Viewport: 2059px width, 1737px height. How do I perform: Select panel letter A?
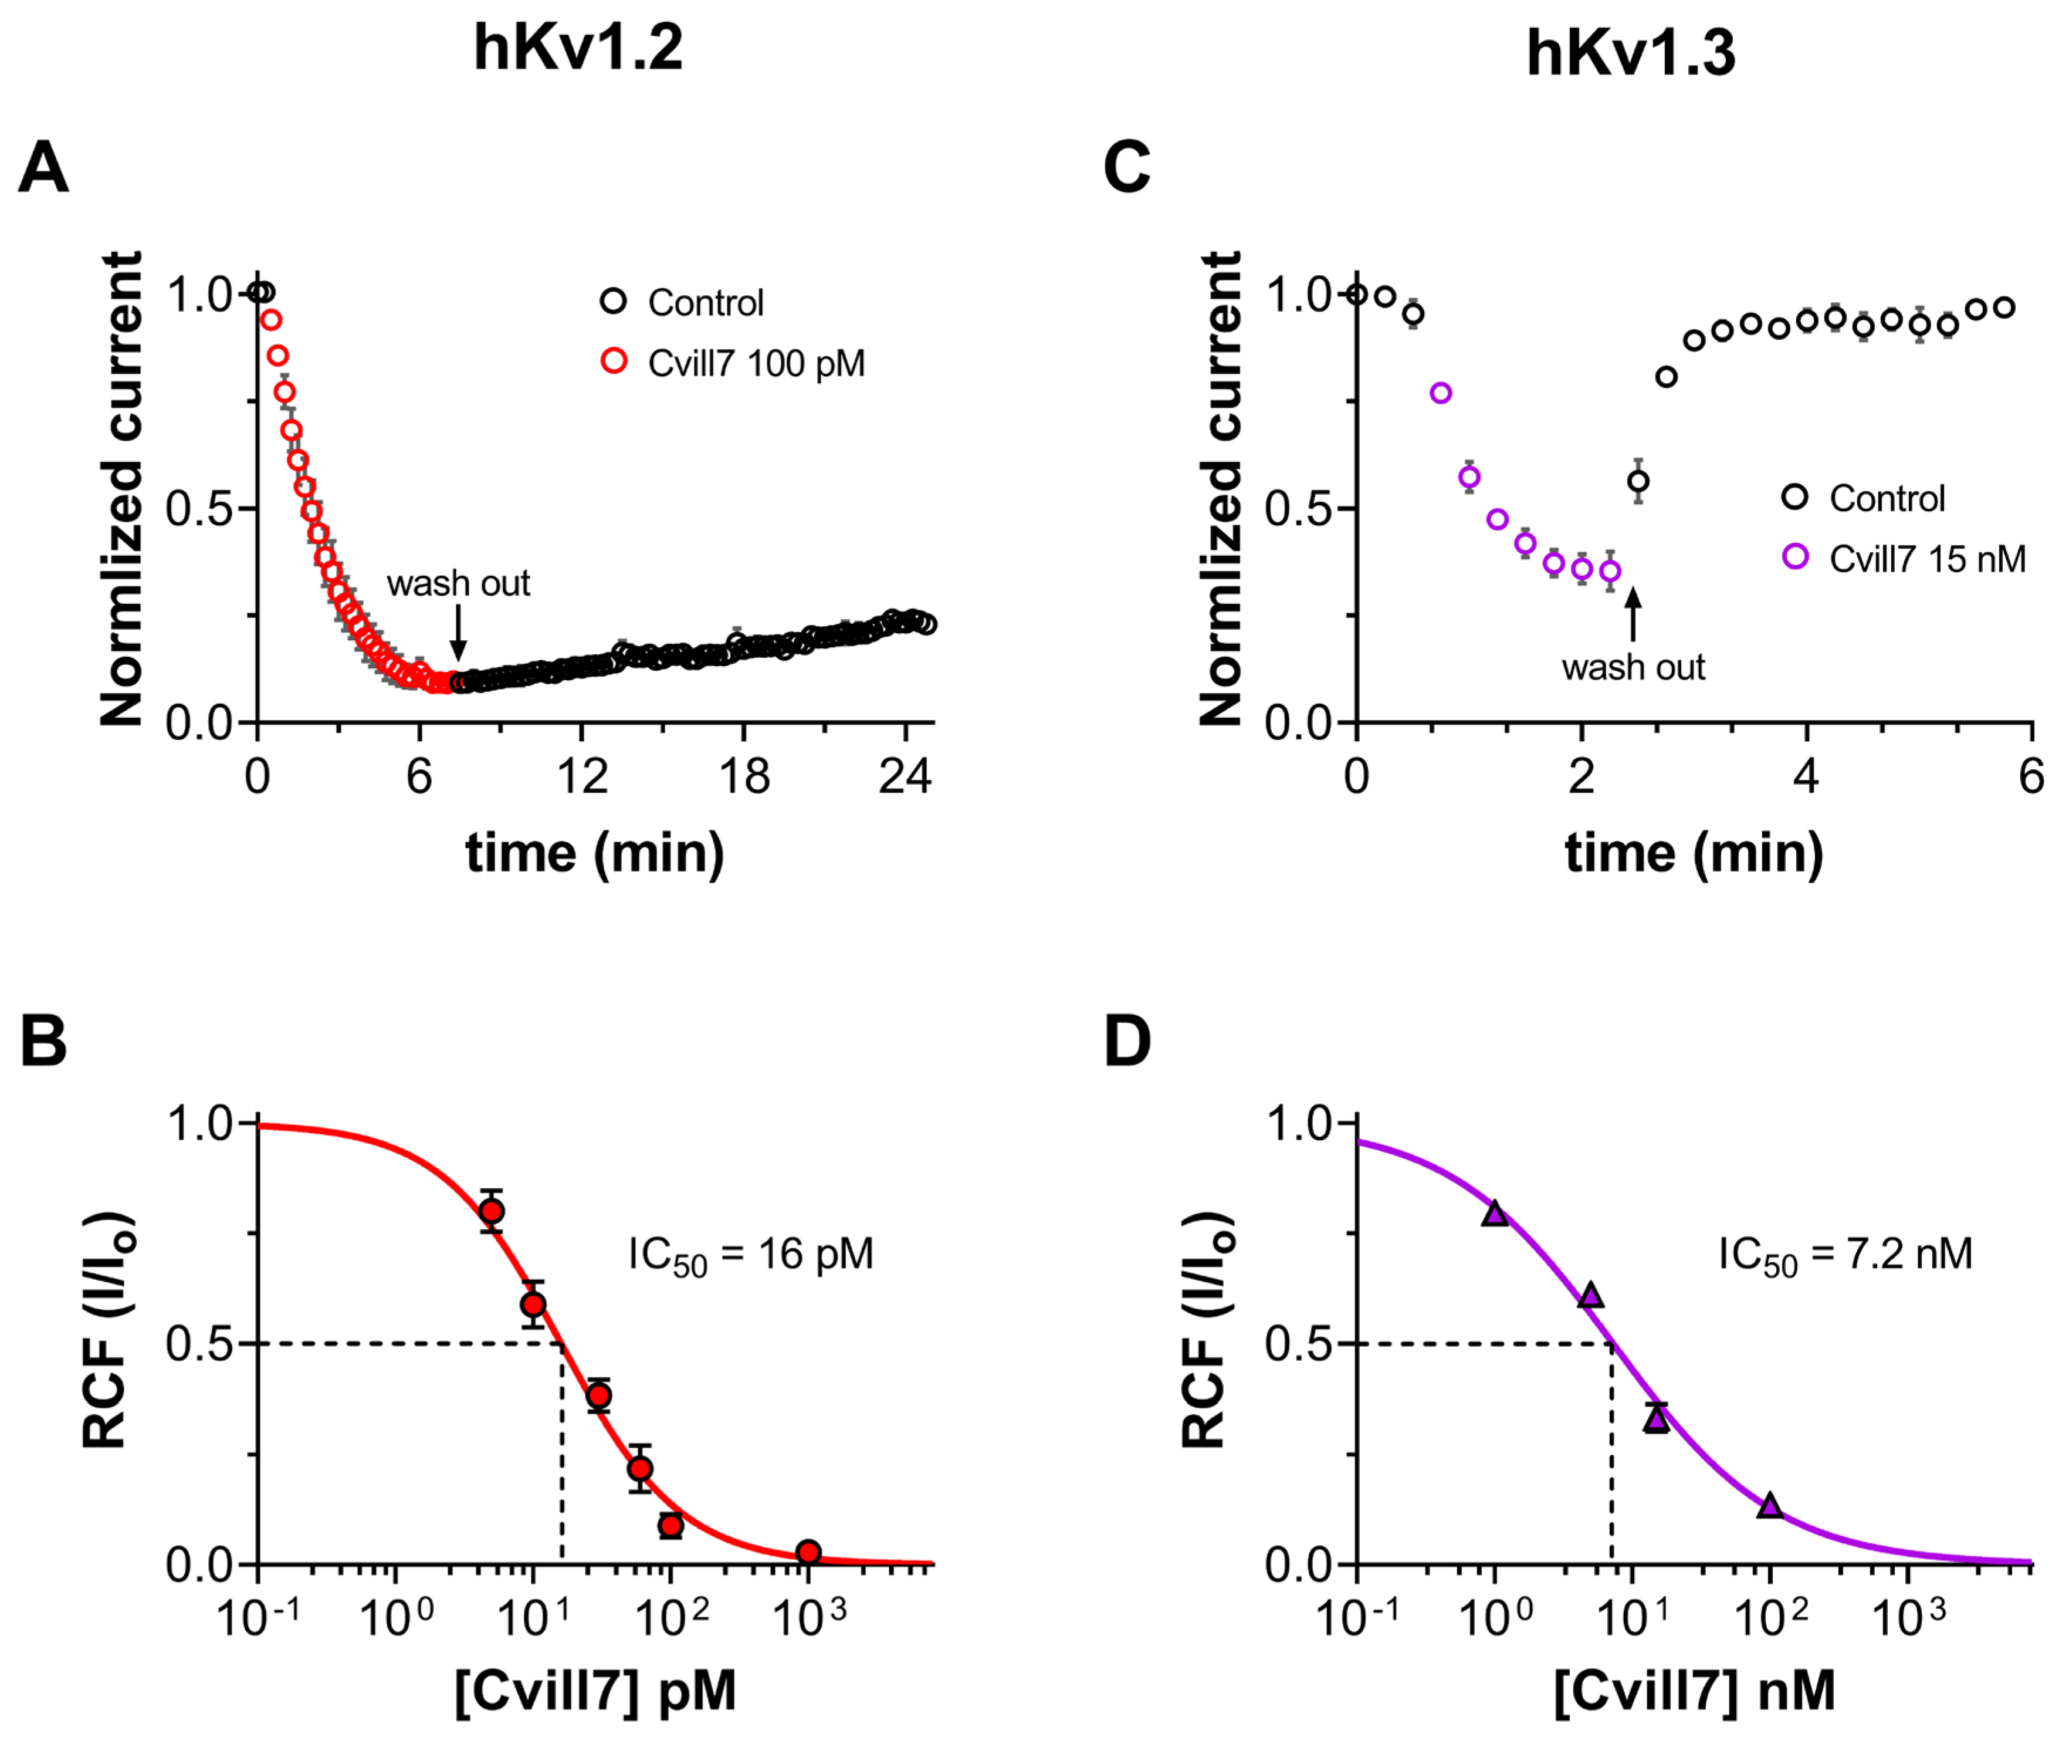click(43, 167)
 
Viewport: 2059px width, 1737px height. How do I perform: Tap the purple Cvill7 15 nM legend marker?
click(1795, 557)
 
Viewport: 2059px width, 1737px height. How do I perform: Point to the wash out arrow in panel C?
click(1633, 613)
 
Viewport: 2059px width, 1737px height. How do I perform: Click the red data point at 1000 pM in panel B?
click(808, 1553)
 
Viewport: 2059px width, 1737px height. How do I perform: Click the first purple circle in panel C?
click(1441, 393)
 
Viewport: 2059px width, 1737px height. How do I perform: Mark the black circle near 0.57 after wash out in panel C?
click(1638, 482)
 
